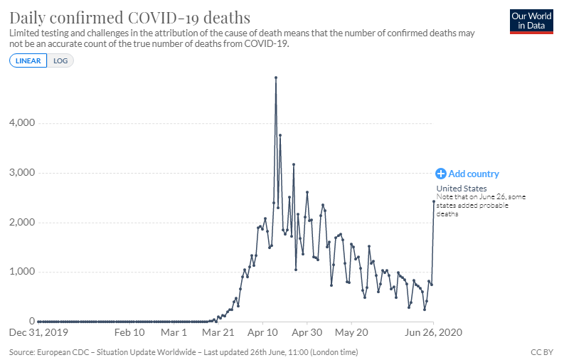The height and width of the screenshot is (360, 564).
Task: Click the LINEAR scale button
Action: tap(28, 60)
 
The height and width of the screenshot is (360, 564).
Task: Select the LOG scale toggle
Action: tap(60, 60)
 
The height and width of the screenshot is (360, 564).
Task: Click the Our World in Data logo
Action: tap(532, 21)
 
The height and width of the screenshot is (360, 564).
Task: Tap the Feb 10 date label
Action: tap(129, 332)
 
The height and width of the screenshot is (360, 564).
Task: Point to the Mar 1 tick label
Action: tap(174, 332)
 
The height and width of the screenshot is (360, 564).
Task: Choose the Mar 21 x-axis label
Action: tap(219, 332)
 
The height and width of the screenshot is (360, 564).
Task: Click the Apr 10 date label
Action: tap(264, 332)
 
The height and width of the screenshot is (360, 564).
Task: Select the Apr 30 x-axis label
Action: tap(309, 332)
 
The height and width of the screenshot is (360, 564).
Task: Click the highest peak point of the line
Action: tap(276, 78)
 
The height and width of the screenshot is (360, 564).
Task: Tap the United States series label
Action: tap(461, 189)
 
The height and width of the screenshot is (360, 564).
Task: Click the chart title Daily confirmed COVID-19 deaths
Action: tap(129, 16)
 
